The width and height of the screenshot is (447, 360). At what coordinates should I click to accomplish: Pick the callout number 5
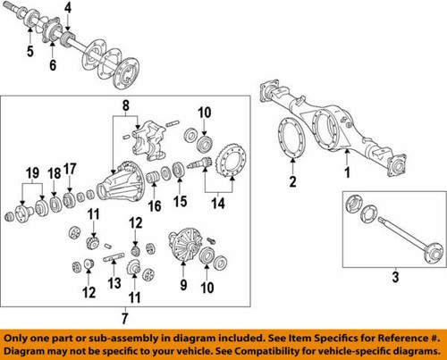coord(30,64)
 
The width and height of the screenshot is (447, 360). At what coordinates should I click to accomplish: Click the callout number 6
coord(53,68)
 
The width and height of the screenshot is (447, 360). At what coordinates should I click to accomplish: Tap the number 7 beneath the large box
coord(124,317)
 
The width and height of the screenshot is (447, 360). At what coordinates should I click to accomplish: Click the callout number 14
coord(215,205)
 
